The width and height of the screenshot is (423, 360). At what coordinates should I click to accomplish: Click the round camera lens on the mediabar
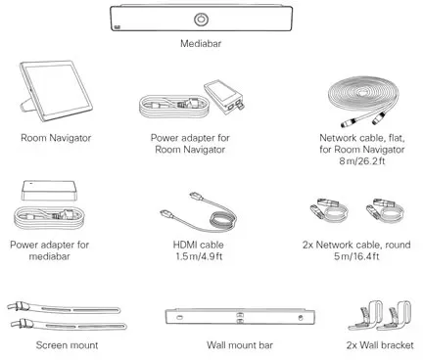tap(204, 20)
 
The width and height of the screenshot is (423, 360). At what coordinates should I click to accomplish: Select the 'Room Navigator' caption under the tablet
tap(55, 139)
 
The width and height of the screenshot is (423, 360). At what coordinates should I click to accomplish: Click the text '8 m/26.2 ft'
tap(370, 165)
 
